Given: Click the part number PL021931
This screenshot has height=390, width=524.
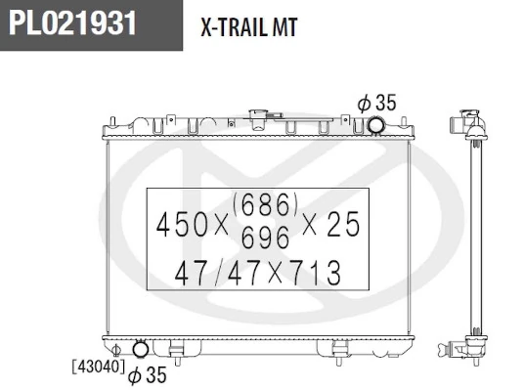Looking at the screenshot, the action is pos(72,22).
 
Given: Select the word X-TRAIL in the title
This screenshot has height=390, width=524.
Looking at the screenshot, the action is pos(234,27).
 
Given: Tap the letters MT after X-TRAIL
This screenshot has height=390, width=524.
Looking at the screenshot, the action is pos(284,27).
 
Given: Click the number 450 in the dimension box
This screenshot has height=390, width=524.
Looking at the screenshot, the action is pos(182,225).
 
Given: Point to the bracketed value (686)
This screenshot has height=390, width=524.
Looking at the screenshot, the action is pos(265,204).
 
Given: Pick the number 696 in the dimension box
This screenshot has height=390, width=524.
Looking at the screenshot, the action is pos(265,237).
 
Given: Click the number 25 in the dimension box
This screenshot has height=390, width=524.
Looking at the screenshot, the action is pos(343,224).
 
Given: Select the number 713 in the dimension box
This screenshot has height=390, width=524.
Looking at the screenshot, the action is pos(317,273).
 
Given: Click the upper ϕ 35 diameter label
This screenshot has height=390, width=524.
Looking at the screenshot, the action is pos(376,103).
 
